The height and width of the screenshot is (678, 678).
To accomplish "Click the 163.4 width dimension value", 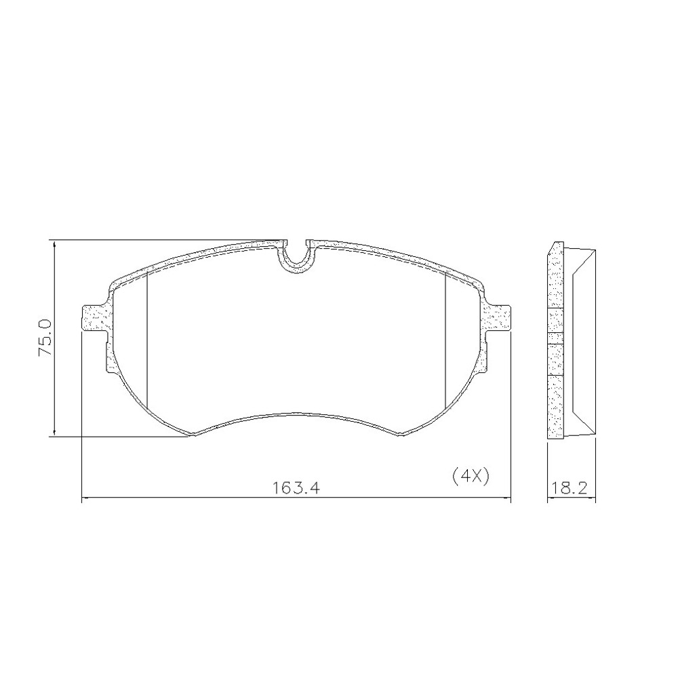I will click(x=296, y=487).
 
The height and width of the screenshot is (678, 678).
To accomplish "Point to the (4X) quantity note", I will click(x=470, y=476).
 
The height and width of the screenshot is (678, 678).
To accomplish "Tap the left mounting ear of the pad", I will click(x=93, y=318).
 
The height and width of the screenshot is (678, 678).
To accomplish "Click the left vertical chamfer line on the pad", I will click(x=147, y=339).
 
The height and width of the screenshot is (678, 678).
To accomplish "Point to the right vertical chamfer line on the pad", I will click(x=444, y=339).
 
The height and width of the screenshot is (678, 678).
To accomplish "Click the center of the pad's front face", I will click(x=296, y=339).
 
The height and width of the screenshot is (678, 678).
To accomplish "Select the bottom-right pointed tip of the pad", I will click(x=399, y=435).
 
